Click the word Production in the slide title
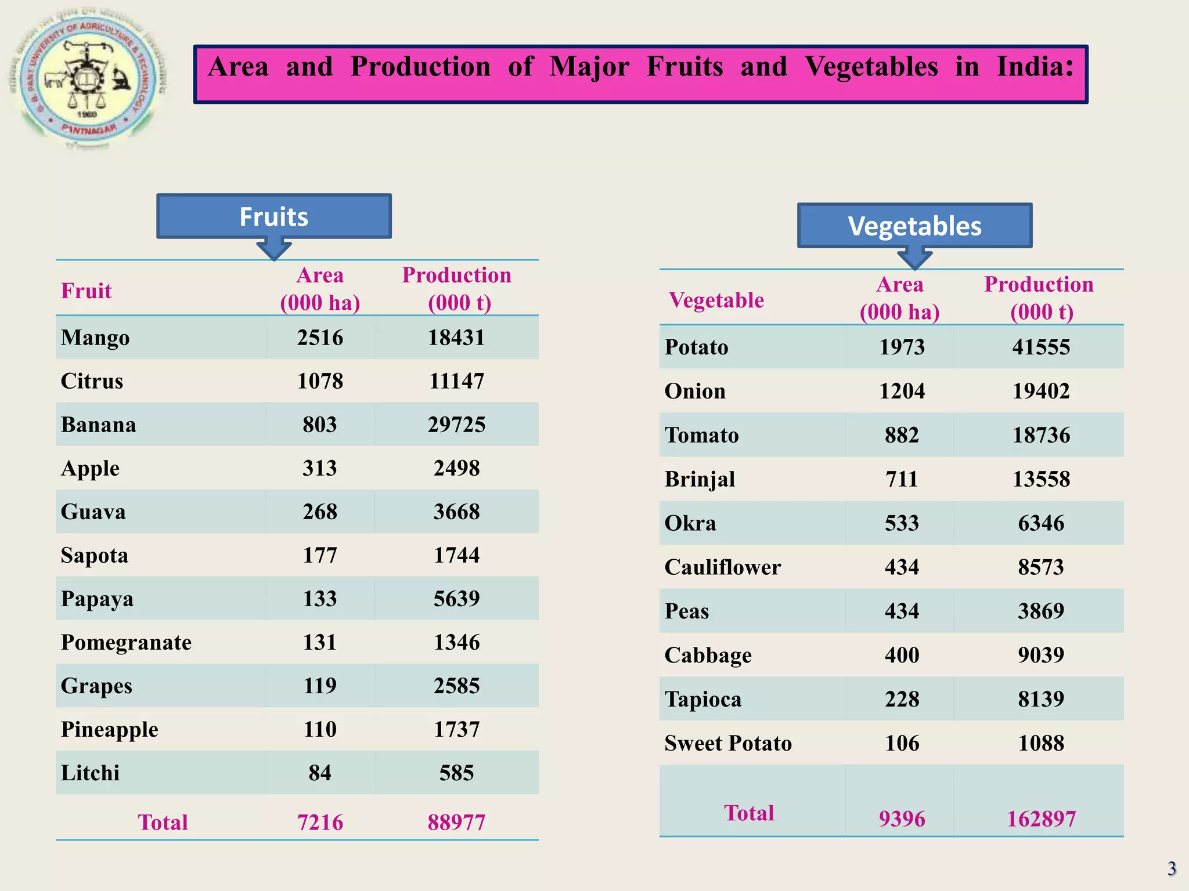pos(420,67)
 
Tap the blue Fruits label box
pos(273,216)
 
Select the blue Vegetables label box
pos(914,226)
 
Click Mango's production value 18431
pos(456,338)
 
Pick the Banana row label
pos(99,425)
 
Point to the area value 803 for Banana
pos(320,425)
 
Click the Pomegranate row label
pos(126,642)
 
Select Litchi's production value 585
pos(456,773)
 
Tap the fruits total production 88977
pos(456,823)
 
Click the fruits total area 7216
pos(320,823)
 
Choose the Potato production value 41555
pos(1041,347)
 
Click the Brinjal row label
pos(700,479)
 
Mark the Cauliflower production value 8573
pos(1041,567)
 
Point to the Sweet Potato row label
pos(728,743)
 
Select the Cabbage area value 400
pos(902,655)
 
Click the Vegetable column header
pos(716,300)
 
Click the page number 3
pos(1172,868)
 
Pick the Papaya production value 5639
pos(456,599)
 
